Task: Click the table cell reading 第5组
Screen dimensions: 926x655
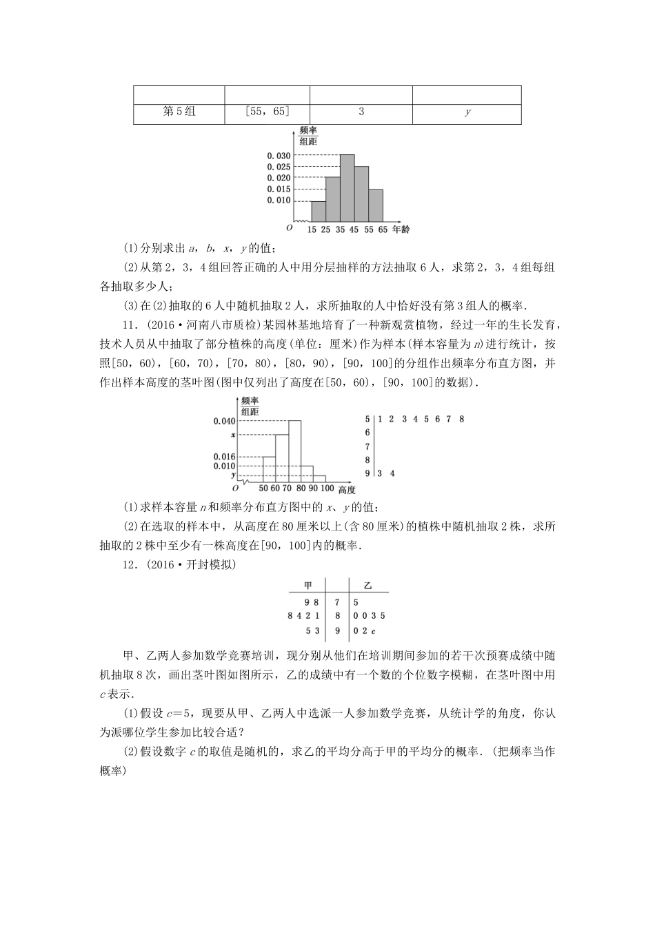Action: point(179,111)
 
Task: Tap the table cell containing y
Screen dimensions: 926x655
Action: point(467,112)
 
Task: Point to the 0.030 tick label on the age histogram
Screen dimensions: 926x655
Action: point(279,156)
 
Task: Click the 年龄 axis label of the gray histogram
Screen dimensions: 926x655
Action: point(401,229)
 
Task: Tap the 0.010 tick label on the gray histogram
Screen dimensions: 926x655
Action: point(279,200)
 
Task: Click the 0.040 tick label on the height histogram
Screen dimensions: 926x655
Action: point(225,421)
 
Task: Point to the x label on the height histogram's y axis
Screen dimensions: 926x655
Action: point(233,435)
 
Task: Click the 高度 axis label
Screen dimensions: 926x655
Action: point(347,490)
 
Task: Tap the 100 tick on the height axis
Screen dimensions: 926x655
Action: point(327,488)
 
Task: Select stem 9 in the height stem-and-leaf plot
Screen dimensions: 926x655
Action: point(367,473)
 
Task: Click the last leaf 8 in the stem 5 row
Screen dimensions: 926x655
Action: point(461,419)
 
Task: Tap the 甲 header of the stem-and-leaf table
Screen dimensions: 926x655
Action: point(308,586)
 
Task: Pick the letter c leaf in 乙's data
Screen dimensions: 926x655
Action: point(372,631)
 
